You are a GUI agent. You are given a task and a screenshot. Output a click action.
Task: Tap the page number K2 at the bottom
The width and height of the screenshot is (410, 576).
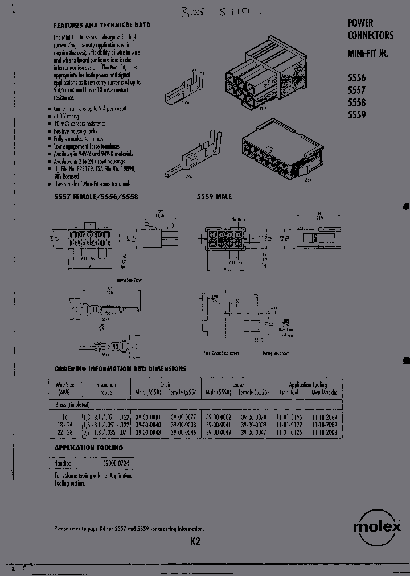(x=195, y=542)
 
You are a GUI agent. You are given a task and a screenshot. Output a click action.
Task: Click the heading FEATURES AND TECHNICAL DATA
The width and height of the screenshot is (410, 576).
(x=102, y=25)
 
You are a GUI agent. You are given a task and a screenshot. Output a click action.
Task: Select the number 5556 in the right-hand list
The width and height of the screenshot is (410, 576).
(x=356, y=79)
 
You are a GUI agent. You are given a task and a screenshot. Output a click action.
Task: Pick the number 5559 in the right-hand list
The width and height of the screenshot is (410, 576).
(x=356, y=114)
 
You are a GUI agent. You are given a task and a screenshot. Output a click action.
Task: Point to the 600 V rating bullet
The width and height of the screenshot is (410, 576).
(x=67, y=116)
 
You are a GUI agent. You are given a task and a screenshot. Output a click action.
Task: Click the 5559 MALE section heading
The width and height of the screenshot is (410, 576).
(x=214, y=196)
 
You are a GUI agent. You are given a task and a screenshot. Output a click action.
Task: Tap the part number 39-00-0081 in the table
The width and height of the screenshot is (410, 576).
(x=147, y=418)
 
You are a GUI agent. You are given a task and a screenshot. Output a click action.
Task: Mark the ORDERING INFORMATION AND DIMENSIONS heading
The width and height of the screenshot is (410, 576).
(x=120, y=368)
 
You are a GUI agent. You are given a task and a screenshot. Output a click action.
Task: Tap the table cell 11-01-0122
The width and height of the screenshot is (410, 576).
(x=290, y=425)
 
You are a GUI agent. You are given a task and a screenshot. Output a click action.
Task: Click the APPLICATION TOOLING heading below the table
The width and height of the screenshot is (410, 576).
(x=83, y=448)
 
